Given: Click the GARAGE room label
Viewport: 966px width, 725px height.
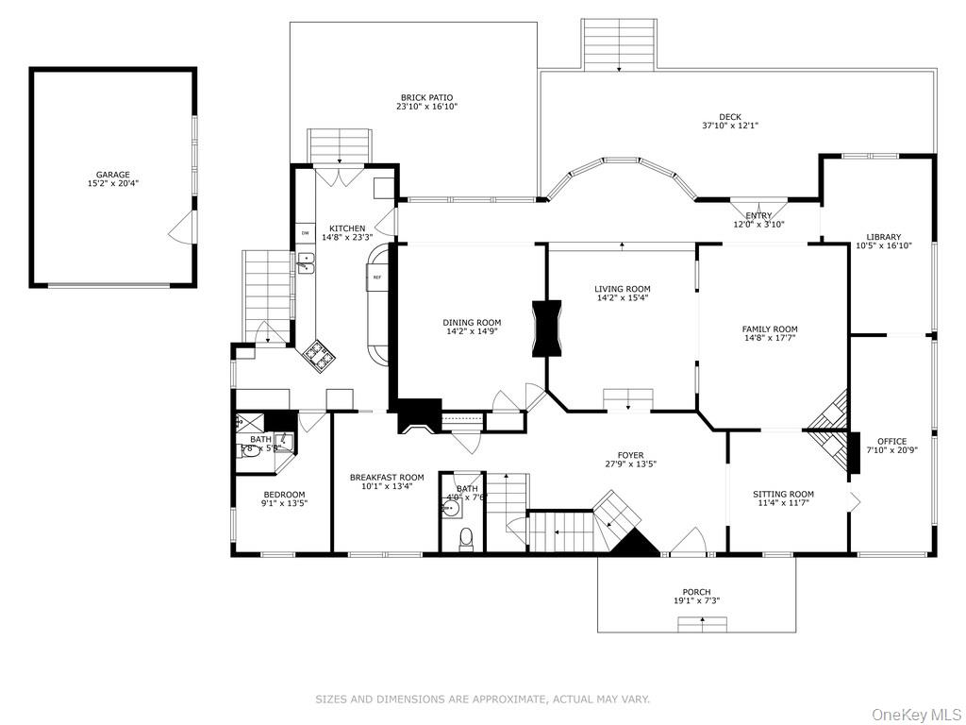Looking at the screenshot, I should click(x=112, y=175).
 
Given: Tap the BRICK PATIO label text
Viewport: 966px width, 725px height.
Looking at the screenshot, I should click(x=426, y=97).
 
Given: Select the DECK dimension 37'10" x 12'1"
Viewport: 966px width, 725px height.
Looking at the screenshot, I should click(x=729, y=126).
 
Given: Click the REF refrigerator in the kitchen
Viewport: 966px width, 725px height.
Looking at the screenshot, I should click(x=376, y=278).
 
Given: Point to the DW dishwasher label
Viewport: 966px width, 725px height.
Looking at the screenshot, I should click(x=305, y=232).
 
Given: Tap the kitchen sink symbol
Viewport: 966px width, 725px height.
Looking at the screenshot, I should click(x=307, y=262).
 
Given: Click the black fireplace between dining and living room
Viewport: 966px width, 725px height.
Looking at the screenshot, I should click(x=546, y=329).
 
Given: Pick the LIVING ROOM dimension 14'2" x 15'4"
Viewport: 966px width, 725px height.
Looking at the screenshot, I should click(x=622, y=298).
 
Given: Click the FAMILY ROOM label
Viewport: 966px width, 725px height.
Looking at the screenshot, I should click(x=769, y=329).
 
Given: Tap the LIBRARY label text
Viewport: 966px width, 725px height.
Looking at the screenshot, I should click(x=884, y=237).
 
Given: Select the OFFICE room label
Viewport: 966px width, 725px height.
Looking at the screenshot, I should click(x=891, y=441).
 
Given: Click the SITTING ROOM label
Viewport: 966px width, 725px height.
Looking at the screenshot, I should click(x=783, y=494).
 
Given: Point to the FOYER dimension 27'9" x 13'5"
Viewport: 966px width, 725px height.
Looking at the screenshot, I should click(x=630, y=464).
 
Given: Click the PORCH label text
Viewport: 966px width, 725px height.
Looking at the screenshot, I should click(x=696, y=592).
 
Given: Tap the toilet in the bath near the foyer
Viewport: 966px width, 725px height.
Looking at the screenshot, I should click(x=464, y=538).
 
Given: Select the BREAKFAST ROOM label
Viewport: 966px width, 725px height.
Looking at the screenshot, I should click(x=387, y=478).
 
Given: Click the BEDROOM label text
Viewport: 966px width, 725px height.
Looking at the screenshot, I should click(x=284, y=495).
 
